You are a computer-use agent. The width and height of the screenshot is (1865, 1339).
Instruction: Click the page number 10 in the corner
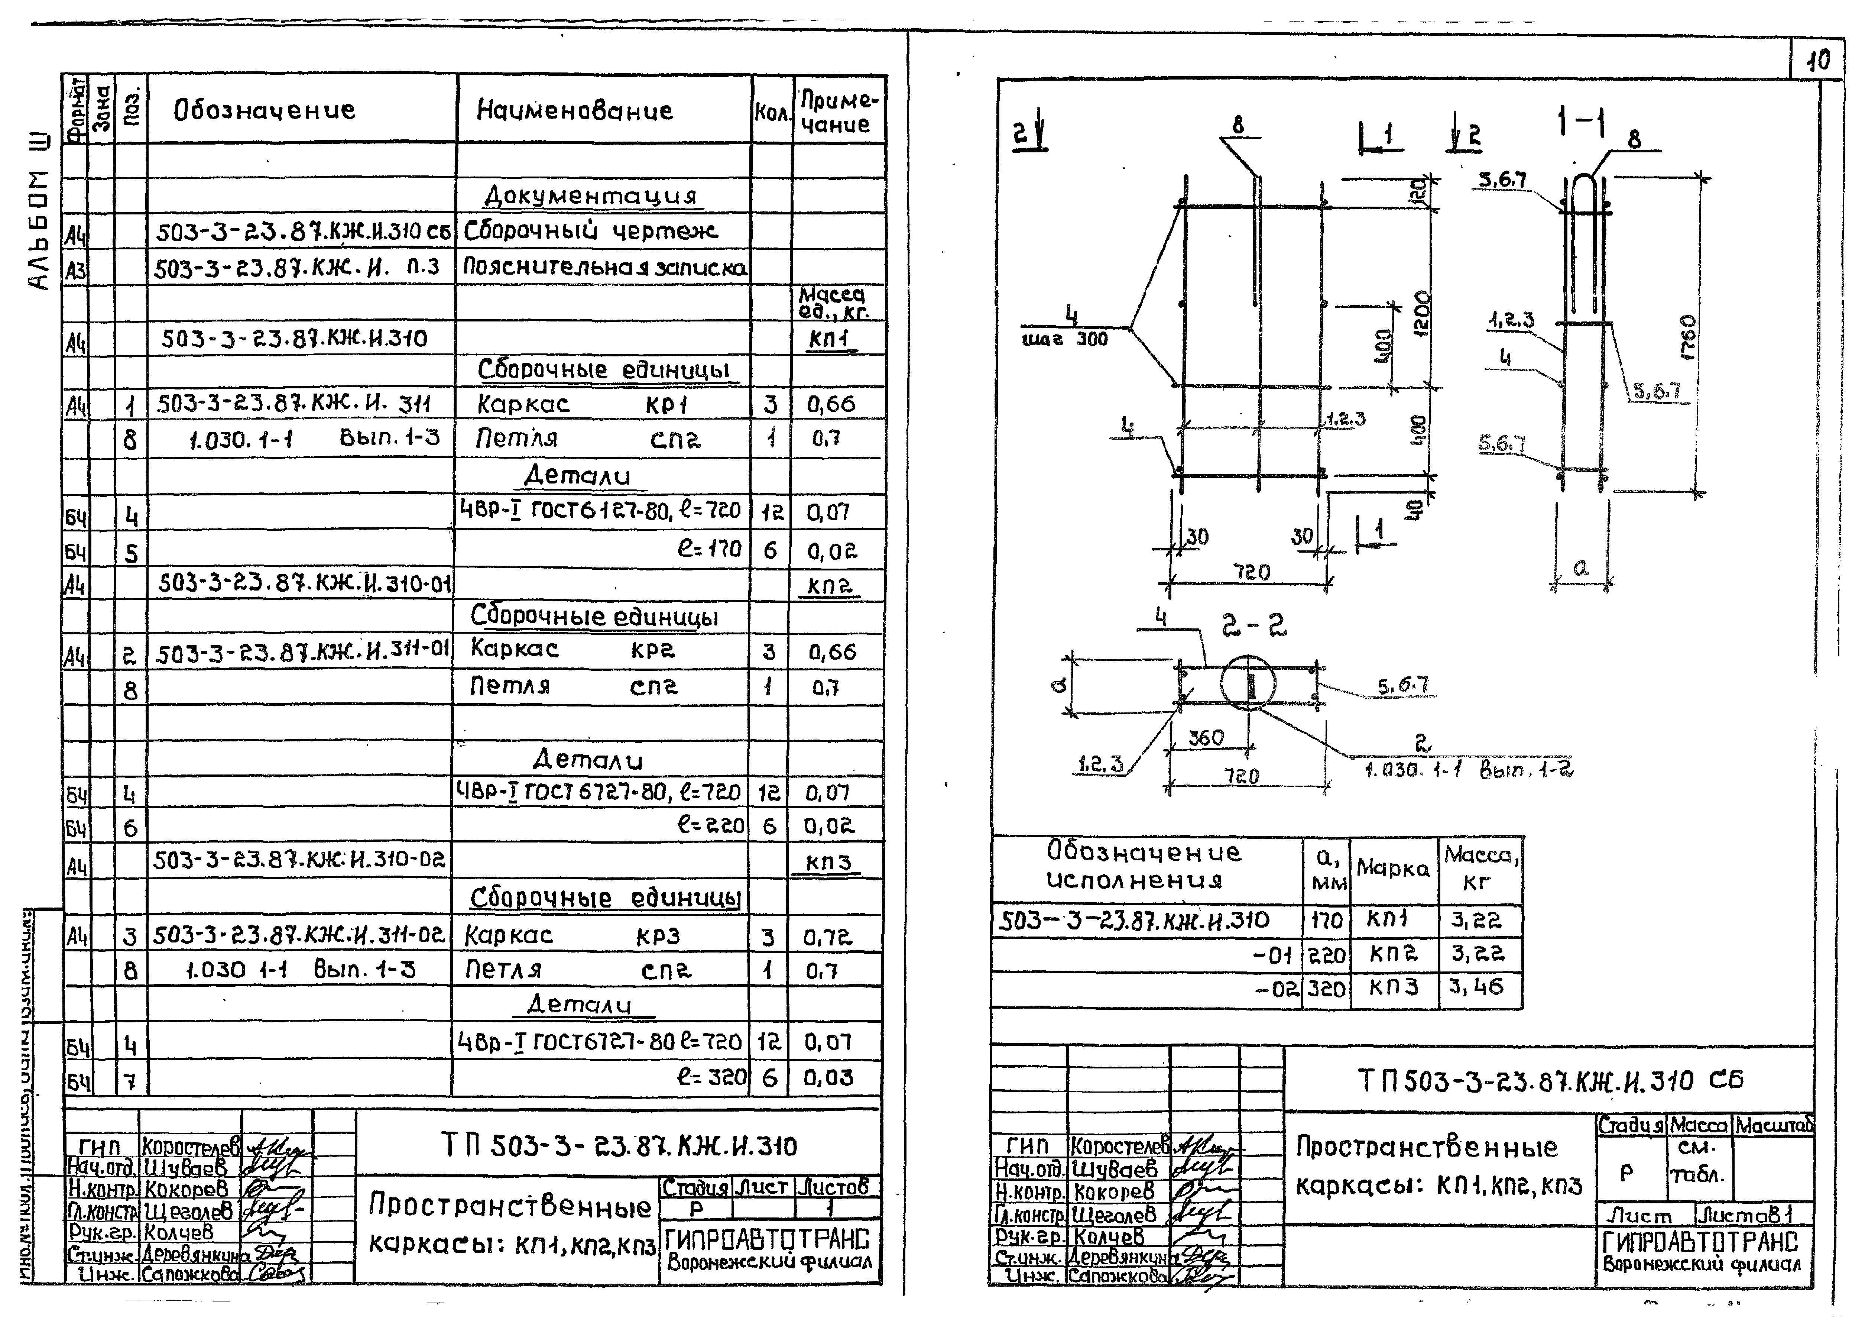(x=1819, y=60)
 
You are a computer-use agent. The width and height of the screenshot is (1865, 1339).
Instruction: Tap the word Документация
(x=590, y=196)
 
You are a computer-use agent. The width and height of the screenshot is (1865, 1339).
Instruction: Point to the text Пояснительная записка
(x=604, y=267)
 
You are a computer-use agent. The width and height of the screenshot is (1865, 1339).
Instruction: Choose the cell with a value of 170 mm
(x=1326, y=919)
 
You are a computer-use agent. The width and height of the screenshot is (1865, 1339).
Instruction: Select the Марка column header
(x=1393, y=868)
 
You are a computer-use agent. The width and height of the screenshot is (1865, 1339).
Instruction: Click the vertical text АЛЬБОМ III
(x=39, y=214)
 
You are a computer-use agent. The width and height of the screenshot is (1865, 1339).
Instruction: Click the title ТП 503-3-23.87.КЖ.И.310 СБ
(x=1549, y=1080)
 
